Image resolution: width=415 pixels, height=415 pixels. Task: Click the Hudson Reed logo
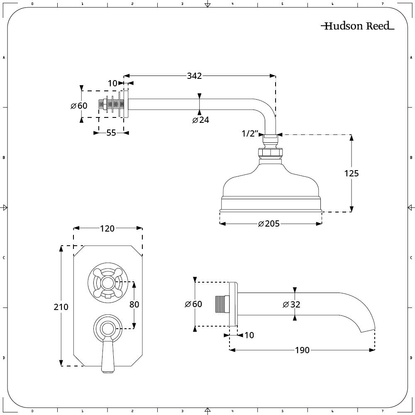click(x=358, y=26)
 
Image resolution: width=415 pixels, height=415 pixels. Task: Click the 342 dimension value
click(x=194, y=76)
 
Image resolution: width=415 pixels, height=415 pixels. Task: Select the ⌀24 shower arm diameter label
click(x=200, y=120)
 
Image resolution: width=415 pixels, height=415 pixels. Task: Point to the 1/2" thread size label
click(x=250, y=133)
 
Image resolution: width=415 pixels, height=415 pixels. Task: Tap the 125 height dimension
click(x=352, y=173)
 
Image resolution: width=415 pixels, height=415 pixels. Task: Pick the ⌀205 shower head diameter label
click(x=269, y=224)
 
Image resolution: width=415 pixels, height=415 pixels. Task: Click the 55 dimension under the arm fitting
click(x=111, y=133)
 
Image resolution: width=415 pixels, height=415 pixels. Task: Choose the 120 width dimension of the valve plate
click(x=107, y=228)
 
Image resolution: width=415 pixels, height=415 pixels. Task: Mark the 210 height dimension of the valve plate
click(x=61, y=307)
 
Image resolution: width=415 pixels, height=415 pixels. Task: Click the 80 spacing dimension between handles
click(x=134, y=304)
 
